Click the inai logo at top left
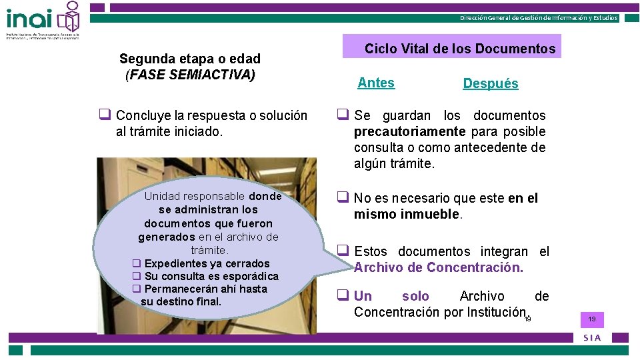[43, 20]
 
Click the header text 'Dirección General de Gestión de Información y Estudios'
[539, 18]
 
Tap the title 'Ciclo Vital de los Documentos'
[460, 49]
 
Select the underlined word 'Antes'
[376, 83]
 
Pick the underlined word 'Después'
[491, 83]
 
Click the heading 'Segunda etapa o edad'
[189, 59]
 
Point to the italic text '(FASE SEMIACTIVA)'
[190, 74]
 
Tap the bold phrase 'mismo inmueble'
[407, 214]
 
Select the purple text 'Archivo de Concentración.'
[439, 267]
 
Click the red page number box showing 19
[591, 320]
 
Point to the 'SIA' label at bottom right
[592, 337]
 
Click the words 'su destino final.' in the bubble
[181, 301]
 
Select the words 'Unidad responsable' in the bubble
[195, 196]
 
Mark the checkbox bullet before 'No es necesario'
[343, 197]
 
